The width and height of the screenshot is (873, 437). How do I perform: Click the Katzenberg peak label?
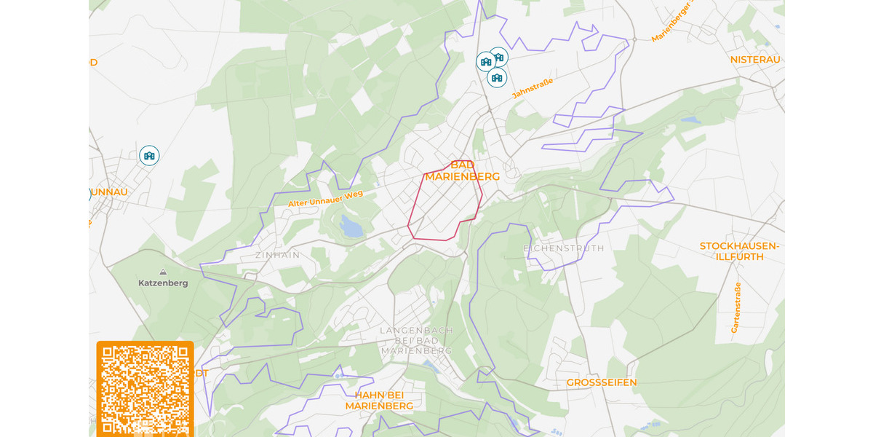tap(163, 283)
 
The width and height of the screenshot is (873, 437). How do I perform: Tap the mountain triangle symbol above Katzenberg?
tap(163, 272)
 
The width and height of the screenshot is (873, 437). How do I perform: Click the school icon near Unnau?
tap(149, 155)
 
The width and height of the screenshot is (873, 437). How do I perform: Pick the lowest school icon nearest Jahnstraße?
tap(497, 77)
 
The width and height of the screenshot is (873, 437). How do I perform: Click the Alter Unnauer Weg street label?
tap(325, 198)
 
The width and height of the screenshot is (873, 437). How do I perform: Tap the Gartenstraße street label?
tap(736, 308)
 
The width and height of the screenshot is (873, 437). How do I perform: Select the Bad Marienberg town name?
tap(463, 171)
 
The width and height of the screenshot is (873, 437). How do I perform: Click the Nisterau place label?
tap(755, 59)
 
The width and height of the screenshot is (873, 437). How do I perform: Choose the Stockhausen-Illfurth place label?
tap(739, 251)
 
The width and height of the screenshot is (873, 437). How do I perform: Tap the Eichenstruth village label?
tap(564, 248)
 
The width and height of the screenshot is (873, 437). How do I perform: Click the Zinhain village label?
tap(277, 255)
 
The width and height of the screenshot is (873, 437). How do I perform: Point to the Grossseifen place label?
tap(602, 382)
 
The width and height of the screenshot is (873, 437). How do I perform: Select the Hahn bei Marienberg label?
tap(379, 401)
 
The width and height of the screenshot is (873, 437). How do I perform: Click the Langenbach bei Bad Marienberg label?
tap(417, 340)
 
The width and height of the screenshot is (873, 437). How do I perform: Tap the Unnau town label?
tap(109, 192)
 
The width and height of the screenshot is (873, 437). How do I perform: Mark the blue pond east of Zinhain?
tap(352, 229)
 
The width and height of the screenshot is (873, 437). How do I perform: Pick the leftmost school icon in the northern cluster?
tap(485, 62)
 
